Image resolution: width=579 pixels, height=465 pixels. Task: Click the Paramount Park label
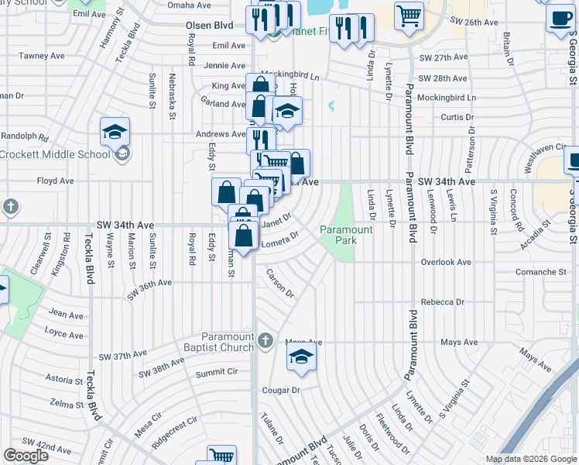(347, 235)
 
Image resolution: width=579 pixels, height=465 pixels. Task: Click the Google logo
(26, 455)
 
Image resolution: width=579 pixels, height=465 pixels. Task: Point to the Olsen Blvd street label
(210, 26)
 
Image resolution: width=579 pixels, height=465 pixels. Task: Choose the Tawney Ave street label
(42, 56)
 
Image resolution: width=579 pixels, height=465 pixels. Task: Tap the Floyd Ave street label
(55, 181)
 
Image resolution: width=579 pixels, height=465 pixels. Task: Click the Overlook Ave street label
(446, 263)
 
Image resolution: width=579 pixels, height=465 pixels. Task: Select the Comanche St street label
(541, 273)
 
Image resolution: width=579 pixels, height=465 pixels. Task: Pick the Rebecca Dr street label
(443, 302)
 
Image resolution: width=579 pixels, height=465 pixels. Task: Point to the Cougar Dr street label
(281, 391)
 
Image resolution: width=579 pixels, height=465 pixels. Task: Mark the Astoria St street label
(65, 381)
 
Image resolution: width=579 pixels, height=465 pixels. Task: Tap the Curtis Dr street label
(456, 117)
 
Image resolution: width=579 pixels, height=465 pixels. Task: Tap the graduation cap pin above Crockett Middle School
(115, 131)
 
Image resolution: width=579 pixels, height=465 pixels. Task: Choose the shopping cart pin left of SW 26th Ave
(409, 15)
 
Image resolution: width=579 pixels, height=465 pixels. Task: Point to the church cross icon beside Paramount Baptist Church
(265, 341)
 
